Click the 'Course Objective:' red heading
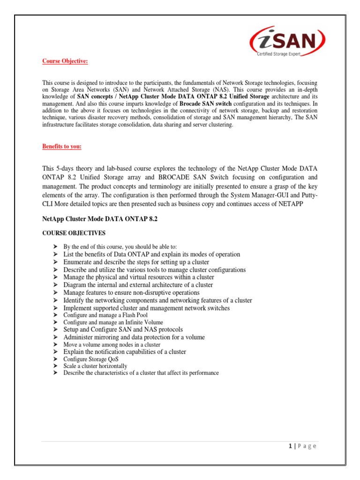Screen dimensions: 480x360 pos(65,61)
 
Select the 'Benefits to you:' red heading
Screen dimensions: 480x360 pos(62,147)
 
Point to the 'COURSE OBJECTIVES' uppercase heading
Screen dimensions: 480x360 pos(74,233)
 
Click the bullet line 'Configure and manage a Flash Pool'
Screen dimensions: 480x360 pos(105,315)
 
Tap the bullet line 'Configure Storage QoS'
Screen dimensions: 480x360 pos(91,359)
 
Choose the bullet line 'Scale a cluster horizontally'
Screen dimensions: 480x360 pos(95,366)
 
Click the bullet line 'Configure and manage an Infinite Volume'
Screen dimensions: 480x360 pos(113,322)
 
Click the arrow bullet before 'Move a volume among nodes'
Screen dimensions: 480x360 pos(55,345)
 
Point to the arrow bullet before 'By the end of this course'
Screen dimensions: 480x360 pos(55,247)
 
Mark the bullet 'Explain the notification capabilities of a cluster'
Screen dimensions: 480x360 pos(125,352)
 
